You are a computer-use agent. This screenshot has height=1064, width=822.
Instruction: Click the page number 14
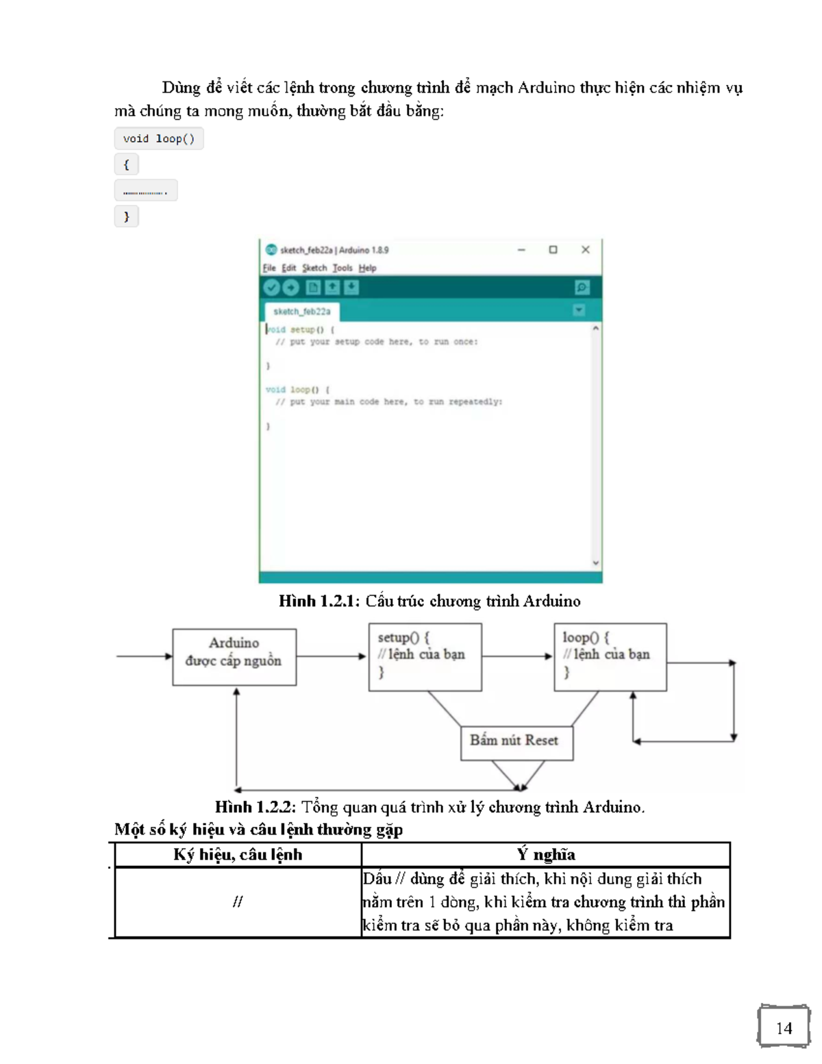(784, 1028)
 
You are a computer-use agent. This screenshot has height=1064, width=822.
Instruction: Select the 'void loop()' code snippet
(159, 139)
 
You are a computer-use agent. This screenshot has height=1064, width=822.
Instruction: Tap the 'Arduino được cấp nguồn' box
(234, 656)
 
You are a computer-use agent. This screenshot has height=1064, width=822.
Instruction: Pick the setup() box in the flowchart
(425, 656)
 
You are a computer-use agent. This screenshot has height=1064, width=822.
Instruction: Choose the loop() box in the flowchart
(610, 656)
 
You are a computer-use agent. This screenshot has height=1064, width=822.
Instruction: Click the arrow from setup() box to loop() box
(517, 656)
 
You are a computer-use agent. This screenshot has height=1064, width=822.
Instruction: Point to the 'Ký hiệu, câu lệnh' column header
(238, 854)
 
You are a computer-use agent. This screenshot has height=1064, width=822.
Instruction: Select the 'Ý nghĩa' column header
(545, 854)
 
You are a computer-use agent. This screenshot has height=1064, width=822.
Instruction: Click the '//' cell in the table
(238, 902)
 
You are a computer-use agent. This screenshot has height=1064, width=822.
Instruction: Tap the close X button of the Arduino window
(585, 250)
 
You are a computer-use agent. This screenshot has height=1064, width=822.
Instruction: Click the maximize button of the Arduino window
(553, 250)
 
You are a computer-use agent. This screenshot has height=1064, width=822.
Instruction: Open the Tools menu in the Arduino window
(342, 268)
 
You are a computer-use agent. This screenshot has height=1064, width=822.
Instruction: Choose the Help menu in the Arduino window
(367, 268)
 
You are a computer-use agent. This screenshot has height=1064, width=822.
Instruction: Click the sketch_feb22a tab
(301, 312)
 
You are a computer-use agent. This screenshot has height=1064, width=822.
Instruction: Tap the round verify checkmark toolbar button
(272, 288)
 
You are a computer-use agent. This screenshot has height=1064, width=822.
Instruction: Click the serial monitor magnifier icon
(582, 288)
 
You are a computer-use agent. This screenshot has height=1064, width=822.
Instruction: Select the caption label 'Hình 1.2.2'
(255, 807)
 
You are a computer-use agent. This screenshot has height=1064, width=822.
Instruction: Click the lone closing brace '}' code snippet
(126, 217)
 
